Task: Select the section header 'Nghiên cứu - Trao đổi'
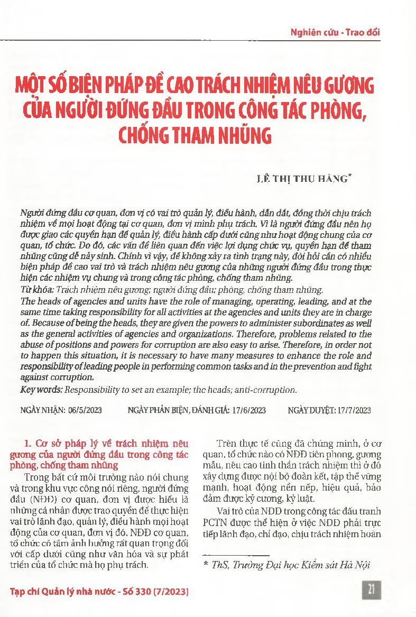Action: tap(335, 32)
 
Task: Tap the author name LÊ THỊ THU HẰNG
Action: tap(300, 179)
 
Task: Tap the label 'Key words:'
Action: tap(41, 390)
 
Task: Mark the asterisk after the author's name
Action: tap(350, 176)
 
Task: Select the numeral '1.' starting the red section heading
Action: tap(29, 444)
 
